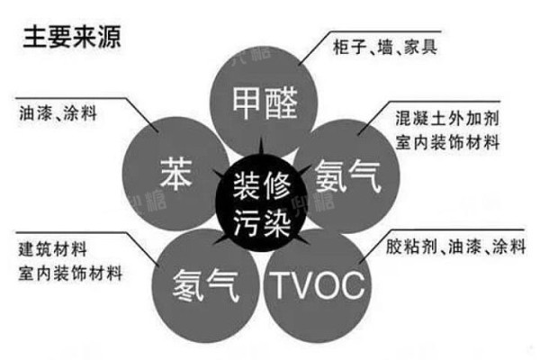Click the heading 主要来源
pyautogui.click(x=72, y=37)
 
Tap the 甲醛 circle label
pyautogui.click(x=265, y=103)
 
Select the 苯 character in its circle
pyautogui.click(x=176, y=174)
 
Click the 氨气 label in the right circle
pyautogui.click(x=347, y=175)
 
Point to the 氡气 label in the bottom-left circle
pyautogui.click(x=205, y=285)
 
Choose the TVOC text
pyautogui.click(x=319, y=285)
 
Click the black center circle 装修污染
pyautogui.click(x=261, y=203)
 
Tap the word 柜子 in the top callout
pyautogui.click(x=349, y=47)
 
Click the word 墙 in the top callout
pyautogui.click(x=385, y=47)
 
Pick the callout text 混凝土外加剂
pyautogui.click(x=447, y=118)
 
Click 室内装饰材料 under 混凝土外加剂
pyautogui.click(x=447, y=142)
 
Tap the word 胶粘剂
pyautogui.click(x=411, y=247)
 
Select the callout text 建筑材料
pyautogui.click(x=52, y=249)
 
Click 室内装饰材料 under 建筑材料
pyautogui.click(x=70, y=273)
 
